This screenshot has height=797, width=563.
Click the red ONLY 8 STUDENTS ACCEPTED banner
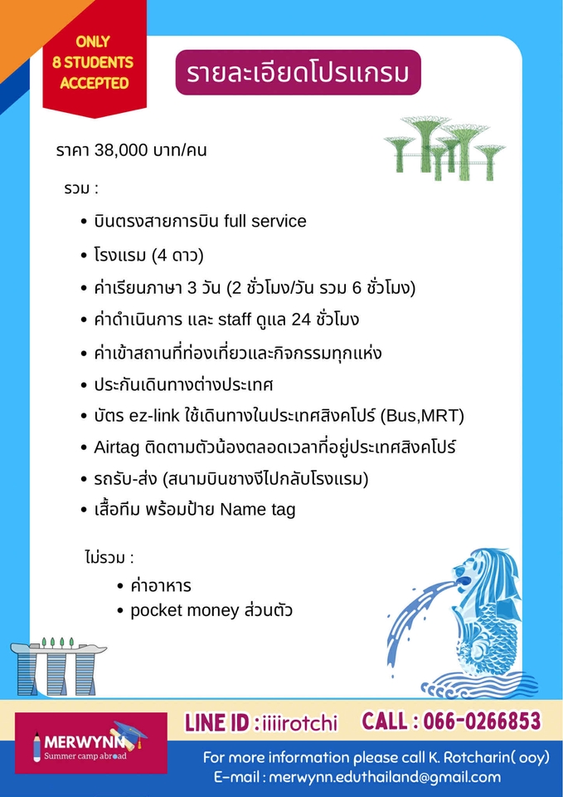point(95,63)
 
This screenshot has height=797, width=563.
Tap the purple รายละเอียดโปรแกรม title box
point(298,73)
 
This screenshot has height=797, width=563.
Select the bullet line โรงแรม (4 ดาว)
point(148,255)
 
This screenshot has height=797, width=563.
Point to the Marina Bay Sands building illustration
point(59,667)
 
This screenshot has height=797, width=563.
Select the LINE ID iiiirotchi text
point(261,722)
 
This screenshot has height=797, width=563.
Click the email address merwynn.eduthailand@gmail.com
point(382,778)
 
